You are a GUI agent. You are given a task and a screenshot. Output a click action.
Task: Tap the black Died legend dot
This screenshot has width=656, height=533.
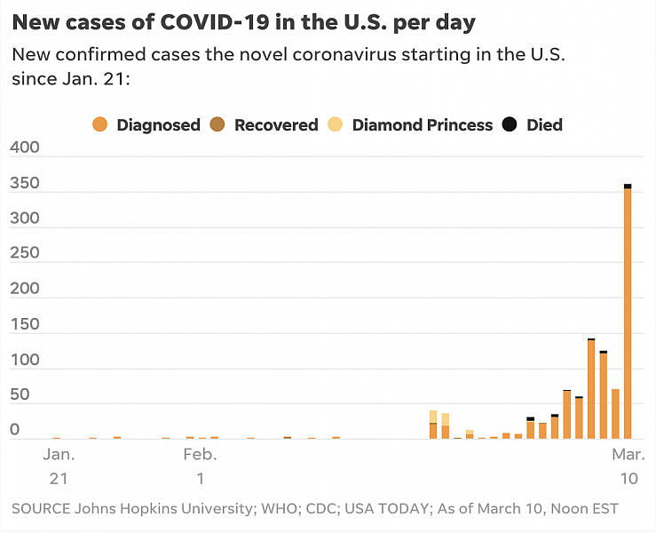[x=510, y=125]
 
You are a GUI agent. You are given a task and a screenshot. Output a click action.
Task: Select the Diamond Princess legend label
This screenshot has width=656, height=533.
[x=422, y=125]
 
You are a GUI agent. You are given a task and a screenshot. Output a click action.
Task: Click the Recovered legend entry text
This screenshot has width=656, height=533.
[x=276, y=125]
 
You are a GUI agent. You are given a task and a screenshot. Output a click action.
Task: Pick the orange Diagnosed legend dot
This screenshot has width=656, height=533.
[x=99, y=125]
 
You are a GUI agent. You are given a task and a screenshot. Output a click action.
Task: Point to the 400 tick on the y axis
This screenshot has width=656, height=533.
[x=25, y=147]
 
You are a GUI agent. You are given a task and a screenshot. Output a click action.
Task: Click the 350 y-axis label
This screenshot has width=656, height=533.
[x=25, y=182]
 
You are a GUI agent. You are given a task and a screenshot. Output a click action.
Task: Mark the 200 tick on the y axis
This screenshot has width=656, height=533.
[x=25, y=289]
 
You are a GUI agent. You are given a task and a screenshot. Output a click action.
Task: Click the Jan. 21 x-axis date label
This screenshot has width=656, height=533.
[x=59, y=466]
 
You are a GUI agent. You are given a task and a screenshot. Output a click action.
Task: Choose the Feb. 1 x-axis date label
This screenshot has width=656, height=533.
[x=201, y=466]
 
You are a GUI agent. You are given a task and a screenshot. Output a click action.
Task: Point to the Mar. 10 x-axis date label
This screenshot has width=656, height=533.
[x=628, y=466]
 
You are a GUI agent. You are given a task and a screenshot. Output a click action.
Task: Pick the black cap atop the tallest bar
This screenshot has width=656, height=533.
[x=628, y=186]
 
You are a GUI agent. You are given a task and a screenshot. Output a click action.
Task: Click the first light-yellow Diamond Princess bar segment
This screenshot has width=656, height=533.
[x=433, y=416]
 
